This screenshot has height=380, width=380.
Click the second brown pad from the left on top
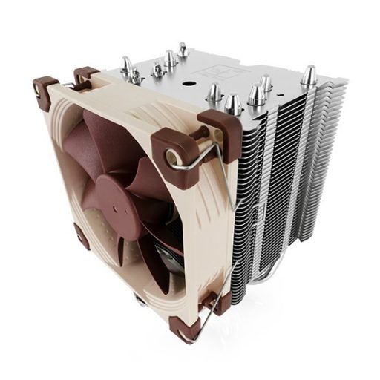tap(87, 74)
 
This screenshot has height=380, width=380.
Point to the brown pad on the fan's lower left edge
tap(81, 237)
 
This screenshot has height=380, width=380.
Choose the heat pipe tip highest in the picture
tap(181, 50)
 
